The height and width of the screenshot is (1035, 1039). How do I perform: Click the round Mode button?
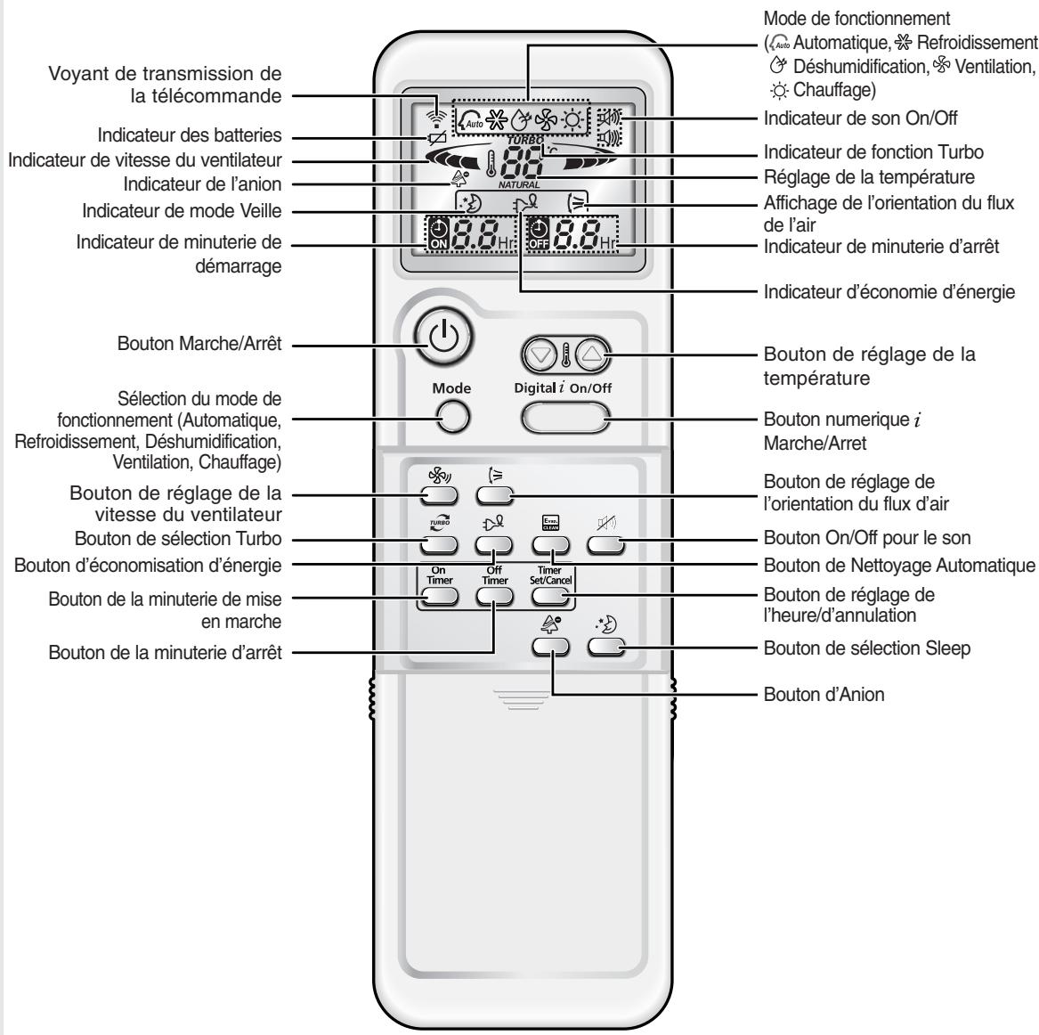tap(451, 415)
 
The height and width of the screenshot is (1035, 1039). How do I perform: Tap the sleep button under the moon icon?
tap(605, 647)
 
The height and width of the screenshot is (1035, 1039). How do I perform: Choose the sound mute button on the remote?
tap(606, 545)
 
